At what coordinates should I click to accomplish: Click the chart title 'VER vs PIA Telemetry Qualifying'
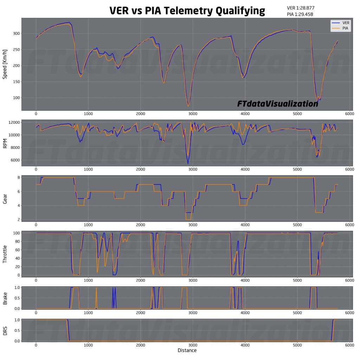click(187, 11)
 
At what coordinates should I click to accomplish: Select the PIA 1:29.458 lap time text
click(300, 14)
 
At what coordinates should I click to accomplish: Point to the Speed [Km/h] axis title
click(5, 64)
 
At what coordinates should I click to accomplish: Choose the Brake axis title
click(5, 298)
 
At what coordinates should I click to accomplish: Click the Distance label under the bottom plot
click(187, 351)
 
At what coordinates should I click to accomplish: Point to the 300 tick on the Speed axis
click(16, 34)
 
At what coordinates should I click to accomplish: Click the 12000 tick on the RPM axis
click(13, 122)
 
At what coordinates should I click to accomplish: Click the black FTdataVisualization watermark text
click(277, 104)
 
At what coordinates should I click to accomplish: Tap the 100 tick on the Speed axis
click(16, 98)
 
